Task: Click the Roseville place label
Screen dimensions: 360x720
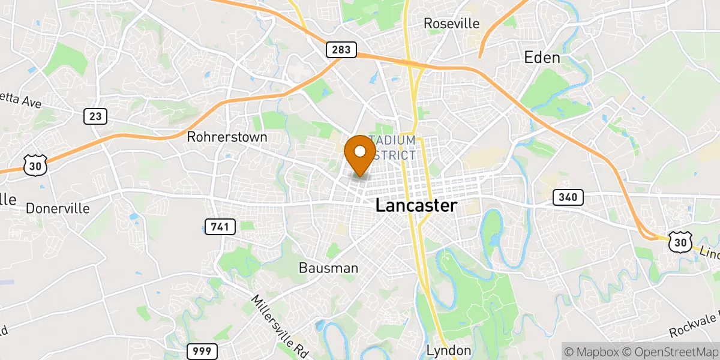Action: point(452,23)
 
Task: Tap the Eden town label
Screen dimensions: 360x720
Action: point(542,58)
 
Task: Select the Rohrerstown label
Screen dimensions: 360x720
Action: point(227,137)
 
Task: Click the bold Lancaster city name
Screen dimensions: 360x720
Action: point(416,205)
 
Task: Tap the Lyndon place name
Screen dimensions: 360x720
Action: point(449,350)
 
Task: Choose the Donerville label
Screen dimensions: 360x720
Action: point(58,208)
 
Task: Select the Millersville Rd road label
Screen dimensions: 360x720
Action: point(279,323)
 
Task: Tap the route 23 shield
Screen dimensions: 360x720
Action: point(95,116)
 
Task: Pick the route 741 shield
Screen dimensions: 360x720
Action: point(220,226)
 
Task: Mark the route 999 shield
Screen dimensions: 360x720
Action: point(202,351)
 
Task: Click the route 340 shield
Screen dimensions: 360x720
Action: point(568,197)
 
